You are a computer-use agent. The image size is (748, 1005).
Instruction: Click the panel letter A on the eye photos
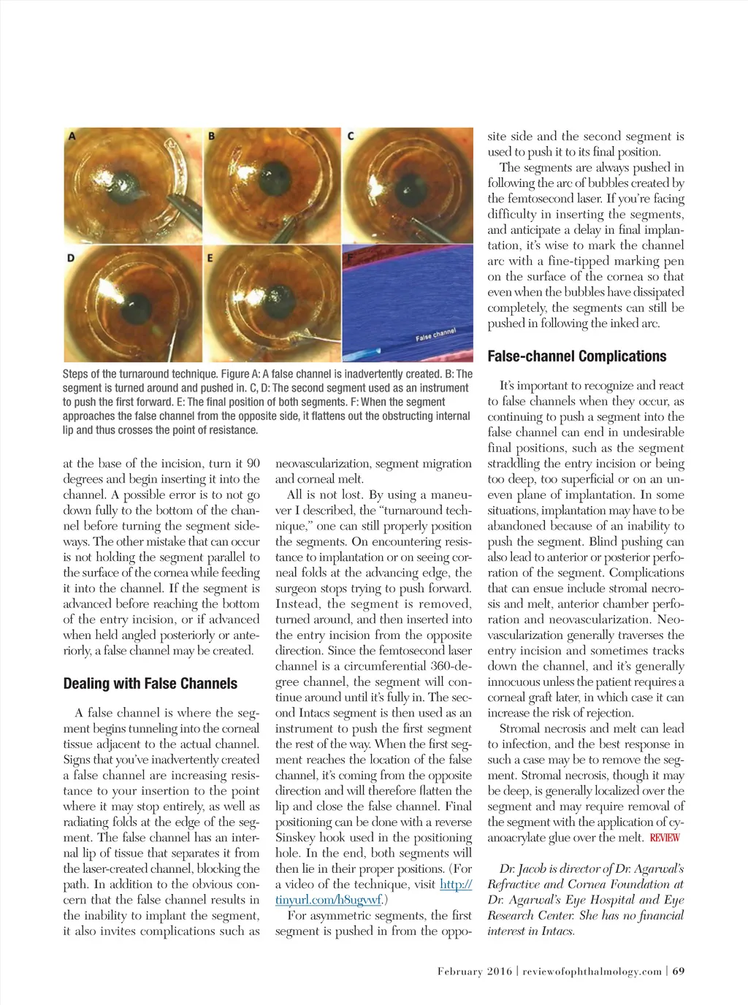[72, 135]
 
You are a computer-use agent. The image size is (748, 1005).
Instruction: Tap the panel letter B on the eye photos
[211, 135]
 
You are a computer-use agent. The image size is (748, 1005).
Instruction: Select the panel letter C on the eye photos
[351, 135]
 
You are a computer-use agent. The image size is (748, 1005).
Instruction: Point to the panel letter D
[72, 257]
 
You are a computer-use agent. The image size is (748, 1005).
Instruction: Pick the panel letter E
[210, 257]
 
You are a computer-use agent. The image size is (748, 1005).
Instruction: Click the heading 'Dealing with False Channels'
[150, 684]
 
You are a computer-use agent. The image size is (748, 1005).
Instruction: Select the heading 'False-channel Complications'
[576, 356]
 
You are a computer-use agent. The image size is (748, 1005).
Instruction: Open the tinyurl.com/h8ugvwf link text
[373, 892]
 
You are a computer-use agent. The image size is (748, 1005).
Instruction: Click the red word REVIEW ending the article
[664, 838]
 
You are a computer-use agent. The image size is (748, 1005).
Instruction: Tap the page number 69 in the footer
[679, 971]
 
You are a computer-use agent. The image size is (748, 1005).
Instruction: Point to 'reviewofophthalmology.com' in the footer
[592, 971]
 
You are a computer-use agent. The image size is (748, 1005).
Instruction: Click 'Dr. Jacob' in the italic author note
[522, 868]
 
